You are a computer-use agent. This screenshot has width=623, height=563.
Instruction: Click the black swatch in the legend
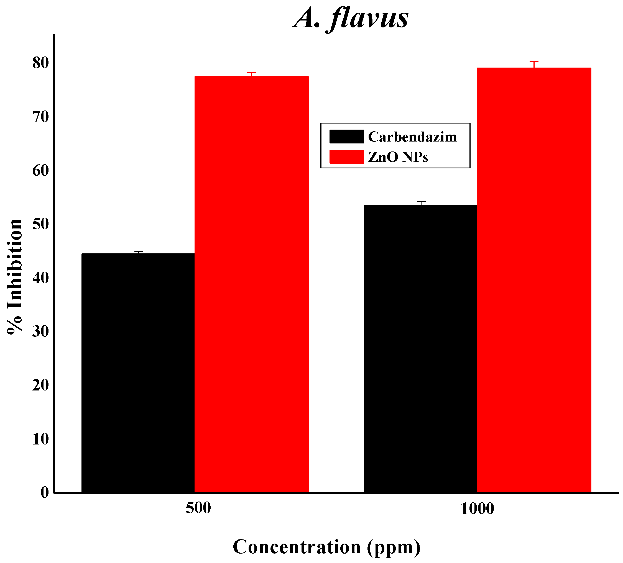(346, 137)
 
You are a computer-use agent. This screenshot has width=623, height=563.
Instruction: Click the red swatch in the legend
(346, 157)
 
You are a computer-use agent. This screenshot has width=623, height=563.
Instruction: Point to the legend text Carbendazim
(412, 137)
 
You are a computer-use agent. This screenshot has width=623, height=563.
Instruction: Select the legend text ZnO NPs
(398, 157)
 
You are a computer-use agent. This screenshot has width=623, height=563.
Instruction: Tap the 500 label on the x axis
(198, 508)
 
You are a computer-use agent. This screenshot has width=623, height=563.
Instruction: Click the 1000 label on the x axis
(477, 509)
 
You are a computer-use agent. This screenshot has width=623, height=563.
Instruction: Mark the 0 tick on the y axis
(45, 492)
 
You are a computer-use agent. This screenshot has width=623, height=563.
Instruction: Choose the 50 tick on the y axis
(41, 224)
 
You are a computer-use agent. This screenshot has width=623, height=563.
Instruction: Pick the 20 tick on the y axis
(41, 385)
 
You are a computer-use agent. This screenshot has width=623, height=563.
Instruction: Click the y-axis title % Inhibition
(15, 277)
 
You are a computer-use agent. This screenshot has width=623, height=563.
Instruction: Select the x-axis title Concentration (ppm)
(326, 547)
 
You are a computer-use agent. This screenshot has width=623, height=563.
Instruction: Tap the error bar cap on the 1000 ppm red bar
(534, 62)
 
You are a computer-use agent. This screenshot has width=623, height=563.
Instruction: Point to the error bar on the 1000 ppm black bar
(421, 203)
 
